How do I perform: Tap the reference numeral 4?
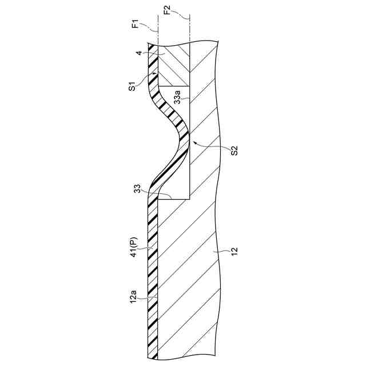(138, 54)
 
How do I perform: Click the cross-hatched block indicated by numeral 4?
(172, 63)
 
